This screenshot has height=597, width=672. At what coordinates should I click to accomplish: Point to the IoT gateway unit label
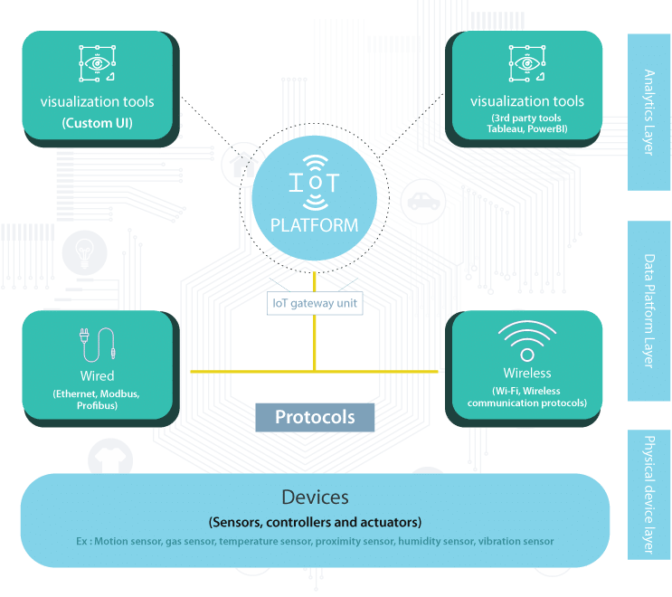[x=315, y=304]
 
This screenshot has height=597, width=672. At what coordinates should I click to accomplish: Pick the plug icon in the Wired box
[x=95, y=345]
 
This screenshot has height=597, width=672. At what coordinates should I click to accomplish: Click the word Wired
[x=97, y=374]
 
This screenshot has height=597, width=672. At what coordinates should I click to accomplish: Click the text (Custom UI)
[x=98, y=121]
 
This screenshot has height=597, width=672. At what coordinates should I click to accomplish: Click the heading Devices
[x=315, y=497]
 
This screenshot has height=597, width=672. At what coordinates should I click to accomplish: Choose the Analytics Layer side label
[x=648, y=112]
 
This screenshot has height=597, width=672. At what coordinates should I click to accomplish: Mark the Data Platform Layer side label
[x=648, y=310]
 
